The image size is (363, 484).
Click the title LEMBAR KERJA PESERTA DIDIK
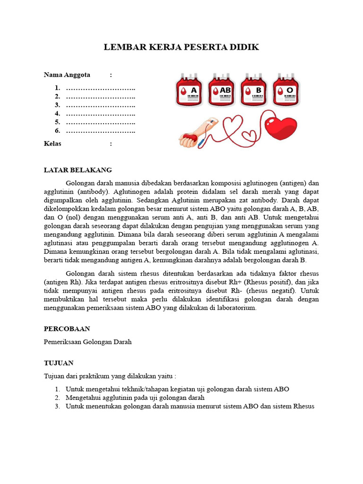(x=181, y=48)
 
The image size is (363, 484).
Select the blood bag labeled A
(x=189, y=90)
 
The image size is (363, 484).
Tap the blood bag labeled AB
(x=222, y=90)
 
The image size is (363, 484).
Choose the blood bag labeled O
(x=286, y=90)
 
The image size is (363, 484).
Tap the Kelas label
(x=52, y=144)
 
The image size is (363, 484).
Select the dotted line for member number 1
(x=100, y=88)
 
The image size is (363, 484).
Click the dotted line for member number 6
(x=100, y=130)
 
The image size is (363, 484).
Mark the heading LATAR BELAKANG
(x=78, y=170)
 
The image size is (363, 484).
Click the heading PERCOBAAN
(x=67, y=328)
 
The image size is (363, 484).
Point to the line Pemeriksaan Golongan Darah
(x=87, y=342)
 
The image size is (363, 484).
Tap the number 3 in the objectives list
(x=57, y=406)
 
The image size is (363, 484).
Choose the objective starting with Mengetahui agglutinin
(x=131, y=398)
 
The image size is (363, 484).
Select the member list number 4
(x=57, y=113)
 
